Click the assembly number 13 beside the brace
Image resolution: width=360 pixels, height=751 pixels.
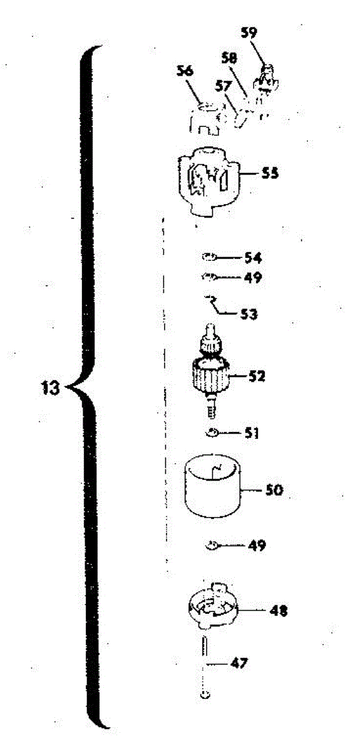click(x=50, y=388)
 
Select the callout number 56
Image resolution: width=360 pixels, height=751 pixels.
click(x=185, y=71)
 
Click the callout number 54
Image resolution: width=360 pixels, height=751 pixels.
click(x=253, y=258)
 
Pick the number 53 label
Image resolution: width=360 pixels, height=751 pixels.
click(x=249, y=314)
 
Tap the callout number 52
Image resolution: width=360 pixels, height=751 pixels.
click(x=257, y=376)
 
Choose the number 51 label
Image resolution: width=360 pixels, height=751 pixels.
click(x=251, y=433)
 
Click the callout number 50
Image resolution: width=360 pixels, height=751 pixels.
click(x=274, y=490)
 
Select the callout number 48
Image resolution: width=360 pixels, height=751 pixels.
click(x=279, y=611)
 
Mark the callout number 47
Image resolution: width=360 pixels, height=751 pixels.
click(x=239, y=663)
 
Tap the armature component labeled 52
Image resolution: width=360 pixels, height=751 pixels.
click(x=211, y=372)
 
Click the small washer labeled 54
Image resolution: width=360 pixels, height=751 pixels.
click(x=208, y=257)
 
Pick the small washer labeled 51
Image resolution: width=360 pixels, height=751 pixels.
click(x=212, y=433)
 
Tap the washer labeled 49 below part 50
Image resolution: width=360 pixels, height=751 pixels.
click(x=212, y=546)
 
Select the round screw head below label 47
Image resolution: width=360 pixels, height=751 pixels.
click(x=206, y=695)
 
